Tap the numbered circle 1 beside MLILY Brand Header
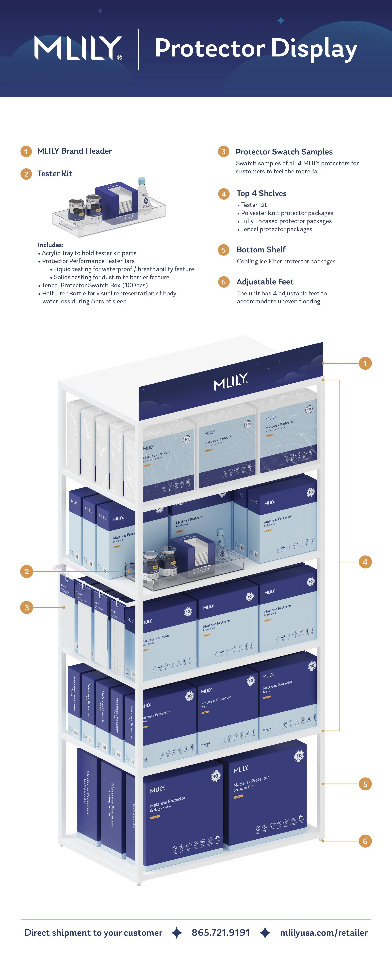click(x=26, y=151)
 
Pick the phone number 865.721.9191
click(x=220, y=933)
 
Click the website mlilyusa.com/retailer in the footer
click(x=324, y=933)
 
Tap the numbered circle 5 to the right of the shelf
click(x=365, y=784)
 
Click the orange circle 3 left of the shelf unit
click(x=27, y=607)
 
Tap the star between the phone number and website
click(x=265, y=933)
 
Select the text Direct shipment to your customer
click(x=93, y=933)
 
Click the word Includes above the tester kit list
click(x=50, y=245)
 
